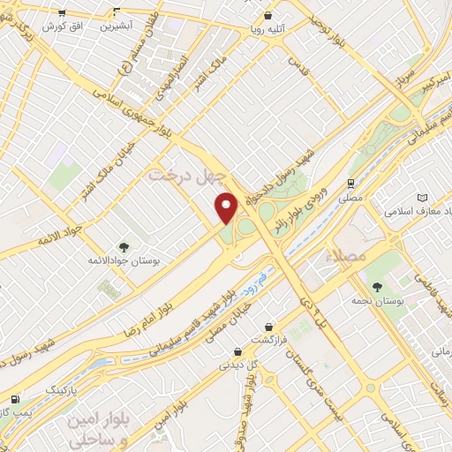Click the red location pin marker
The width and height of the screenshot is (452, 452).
pos(227,207)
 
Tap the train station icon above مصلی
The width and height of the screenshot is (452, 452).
pos(351,183)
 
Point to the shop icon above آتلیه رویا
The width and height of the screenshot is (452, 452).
pos(267,15)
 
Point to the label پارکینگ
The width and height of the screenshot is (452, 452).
pos(62,389)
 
